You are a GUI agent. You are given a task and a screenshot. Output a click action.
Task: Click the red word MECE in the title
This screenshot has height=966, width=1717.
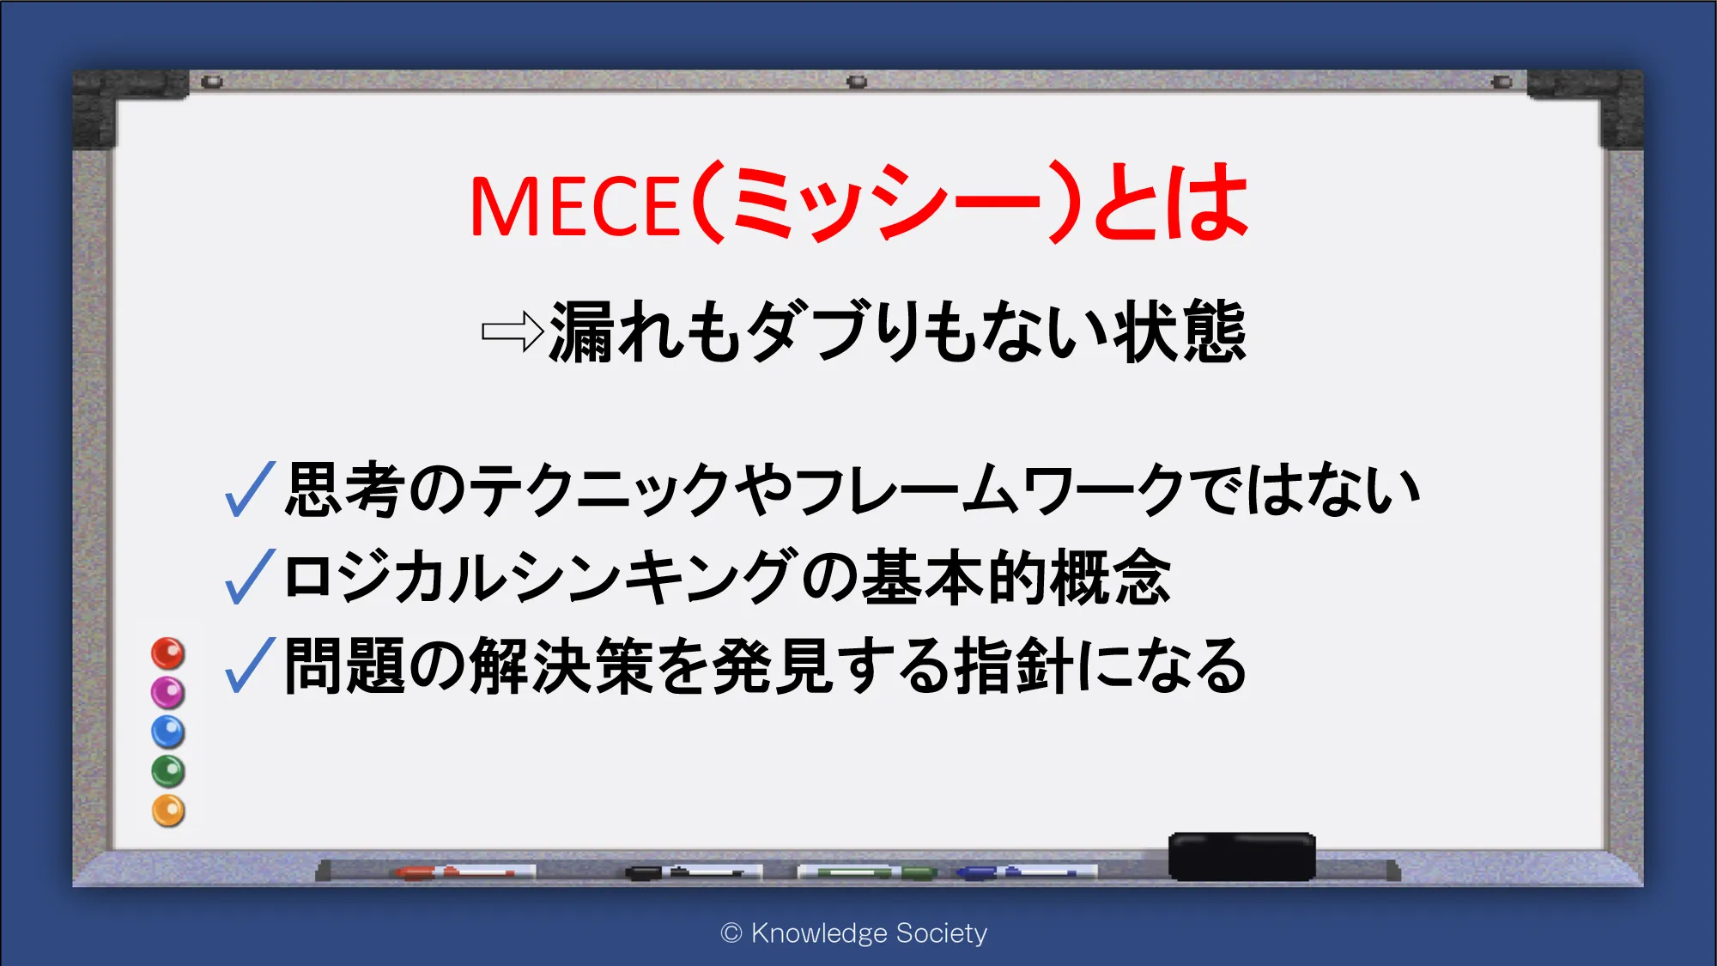[x=575, y=206]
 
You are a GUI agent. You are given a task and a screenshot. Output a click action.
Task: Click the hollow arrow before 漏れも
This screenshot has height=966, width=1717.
[x=513, y=331]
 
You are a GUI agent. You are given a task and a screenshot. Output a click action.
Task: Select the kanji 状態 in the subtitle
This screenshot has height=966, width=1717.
[x=1179, y=331]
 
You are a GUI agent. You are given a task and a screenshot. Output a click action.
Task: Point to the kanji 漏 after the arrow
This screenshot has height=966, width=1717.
[x=581, y=332]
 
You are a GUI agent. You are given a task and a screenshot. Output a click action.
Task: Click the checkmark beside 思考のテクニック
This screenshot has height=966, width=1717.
[x=250, y=489]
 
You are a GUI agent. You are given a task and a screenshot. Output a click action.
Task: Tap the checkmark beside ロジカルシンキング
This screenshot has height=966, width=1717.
[x=250, y=576]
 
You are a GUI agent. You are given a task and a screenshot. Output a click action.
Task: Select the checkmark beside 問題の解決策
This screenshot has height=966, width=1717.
[x=250, y=665]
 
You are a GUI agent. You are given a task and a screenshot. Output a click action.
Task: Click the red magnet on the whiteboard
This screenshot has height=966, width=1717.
[x=168, y=653]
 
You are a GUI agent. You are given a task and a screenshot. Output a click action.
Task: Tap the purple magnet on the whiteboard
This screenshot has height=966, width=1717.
[x=168, y=692]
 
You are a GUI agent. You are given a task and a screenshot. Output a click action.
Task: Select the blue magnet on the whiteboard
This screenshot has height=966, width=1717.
[x=168, y=732]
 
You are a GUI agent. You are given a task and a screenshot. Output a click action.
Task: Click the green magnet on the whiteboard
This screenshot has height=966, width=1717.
[x=168, y=771]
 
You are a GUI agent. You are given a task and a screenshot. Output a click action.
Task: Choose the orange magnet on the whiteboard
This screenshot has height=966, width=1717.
[x=168, y=811]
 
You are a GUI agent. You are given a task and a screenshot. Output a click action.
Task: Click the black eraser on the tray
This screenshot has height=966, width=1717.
[x=1242, y=856]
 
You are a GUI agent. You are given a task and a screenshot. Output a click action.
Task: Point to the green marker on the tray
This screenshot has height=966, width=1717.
[x=867, y=872]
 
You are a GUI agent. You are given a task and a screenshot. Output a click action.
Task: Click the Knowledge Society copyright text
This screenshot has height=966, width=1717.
[x=854, y=933]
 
